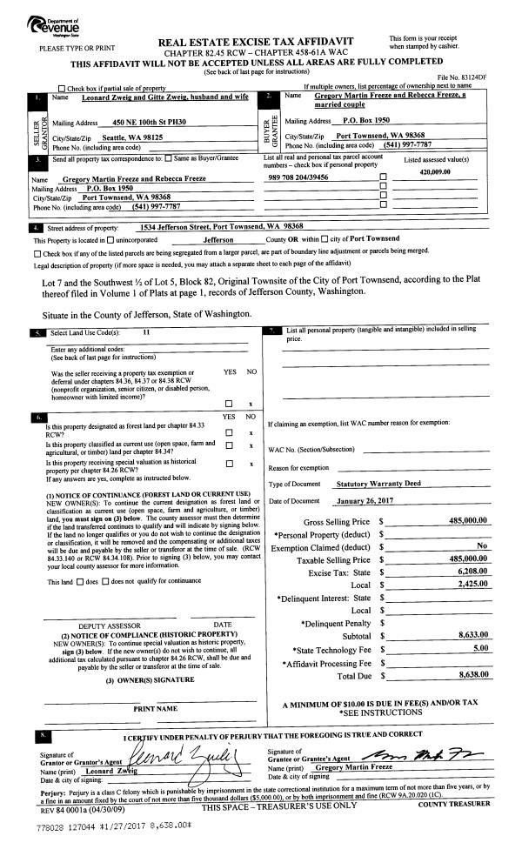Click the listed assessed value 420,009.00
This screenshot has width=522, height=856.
[x=438, y=171]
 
